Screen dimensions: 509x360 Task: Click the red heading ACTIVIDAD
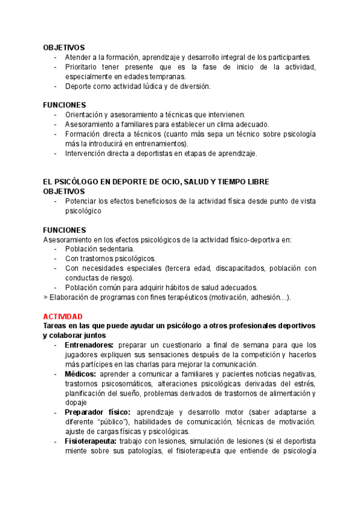tap(63, 316)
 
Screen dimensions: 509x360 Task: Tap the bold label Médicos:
tap(80, 374)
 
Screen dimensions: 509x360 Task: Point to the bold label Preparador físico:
tap(97, 412)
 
